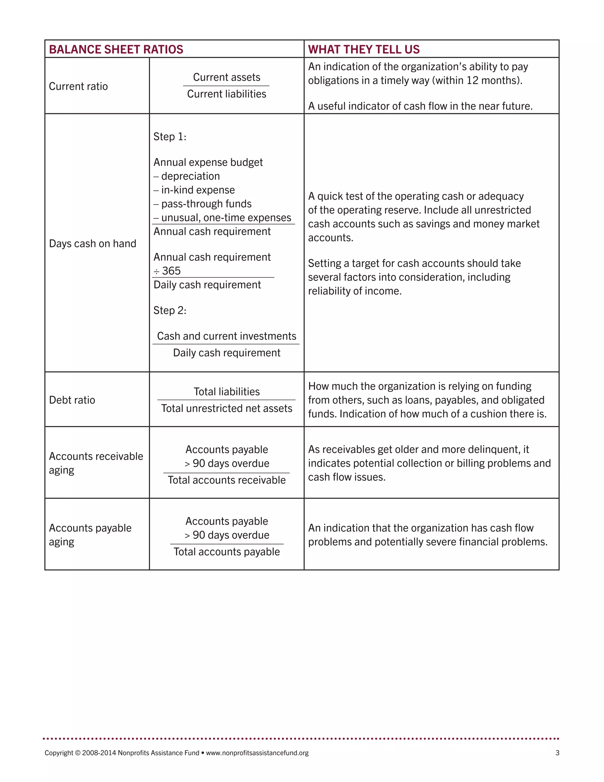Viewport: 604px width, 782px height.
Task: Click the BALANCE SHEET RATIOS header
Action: (116, 49)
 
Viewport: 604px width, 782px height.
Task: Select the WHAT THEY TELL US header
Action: (364, 49)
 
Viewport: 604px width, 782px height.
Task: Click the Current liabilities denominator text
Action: (226, 94)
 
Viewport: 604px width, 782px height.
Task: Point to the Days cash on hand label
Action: (92, 243)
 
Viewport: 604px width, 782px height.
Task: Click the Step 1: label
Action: (170, 137)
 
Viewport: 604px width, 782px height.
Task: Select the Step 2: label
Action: (170, 310)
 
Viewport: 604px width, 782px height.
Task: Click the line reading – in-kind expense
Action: (194, 190)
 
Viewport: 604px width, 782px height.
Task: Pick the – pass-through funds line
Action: (203, 204)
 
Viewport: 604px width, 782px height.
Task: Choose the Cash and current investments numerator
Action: (226, 336)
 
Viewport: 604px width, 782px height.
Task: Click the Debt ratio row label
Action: (72, 400)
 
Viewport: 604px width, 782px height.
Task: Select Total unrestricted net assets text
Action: (226, 408)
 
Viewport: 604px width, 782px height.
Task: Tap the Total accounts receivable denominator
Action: (226, 480)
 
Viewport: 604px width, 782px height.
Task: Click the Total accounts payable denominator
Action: (226, 552)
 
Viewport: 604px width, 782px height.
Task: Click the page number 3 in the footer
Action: (557, 753)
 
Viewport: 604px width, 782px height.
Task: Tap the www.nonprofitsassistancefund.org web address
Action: (257, 753)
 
